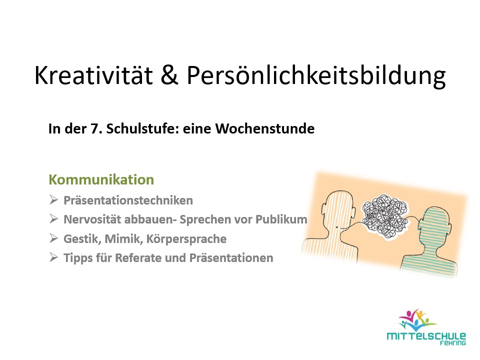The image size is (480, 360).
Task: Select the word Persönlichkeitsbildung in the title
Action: tap(315, 76)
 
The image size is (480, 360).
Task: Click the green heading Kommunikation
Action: tap(101, 179)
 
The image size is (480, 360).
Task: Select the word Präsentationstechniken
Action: tap(128, 201)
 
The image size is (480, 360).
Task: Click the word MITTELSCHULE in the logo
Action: tap(426, 336)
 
